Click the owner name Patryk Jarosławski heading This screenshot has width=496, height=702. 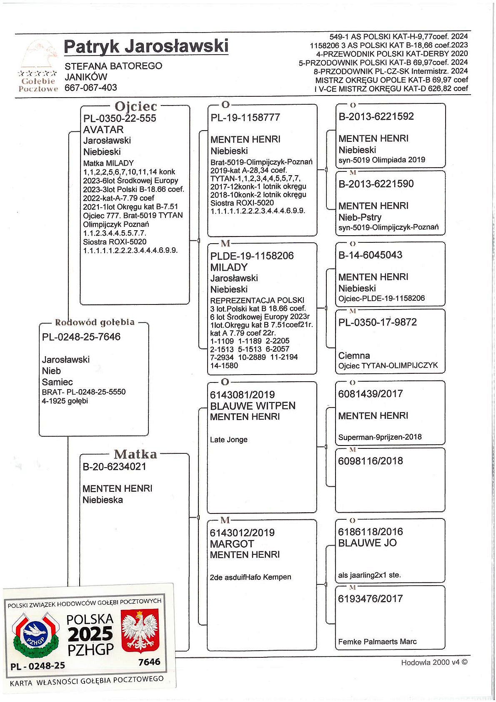pos(146,46)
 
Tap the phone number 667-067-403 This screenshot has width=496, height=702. pos(91,88)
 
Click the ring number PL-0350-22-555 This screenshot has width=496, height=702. pos(120,118)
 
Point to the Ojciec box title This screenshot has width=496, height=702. pos(136,107)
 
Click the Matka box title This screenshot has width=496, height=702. pos(135,454)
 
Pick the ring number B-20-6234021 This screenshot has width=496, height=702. pos(114,467)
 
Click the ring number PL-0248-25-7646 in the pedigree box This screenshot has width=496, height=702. pos(81,337)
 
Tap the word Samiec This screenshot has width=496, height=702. pos(57,382)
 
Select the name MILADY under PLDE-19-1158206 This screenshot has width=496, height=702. pos(229,267)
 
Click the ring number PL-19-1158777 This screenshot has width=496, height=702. pos(245,118)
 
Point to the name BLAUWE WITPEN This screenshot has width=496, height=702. pos(253,406)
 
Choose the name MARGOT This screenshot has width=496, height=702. pos(232,544)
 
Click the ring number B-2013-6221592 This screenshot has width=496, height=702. pos(376,116)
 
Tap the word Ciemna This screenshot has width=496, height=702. pos(354,356)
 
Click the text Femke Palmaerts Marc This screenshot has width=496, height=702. pos(377,642)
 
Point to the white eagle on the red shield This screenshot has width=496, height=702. pos(140,631)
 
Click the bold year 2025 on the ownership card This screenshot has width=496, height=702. pos(90,634)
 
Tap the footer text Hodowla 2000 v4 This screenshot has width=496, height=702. pos(434,662)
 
